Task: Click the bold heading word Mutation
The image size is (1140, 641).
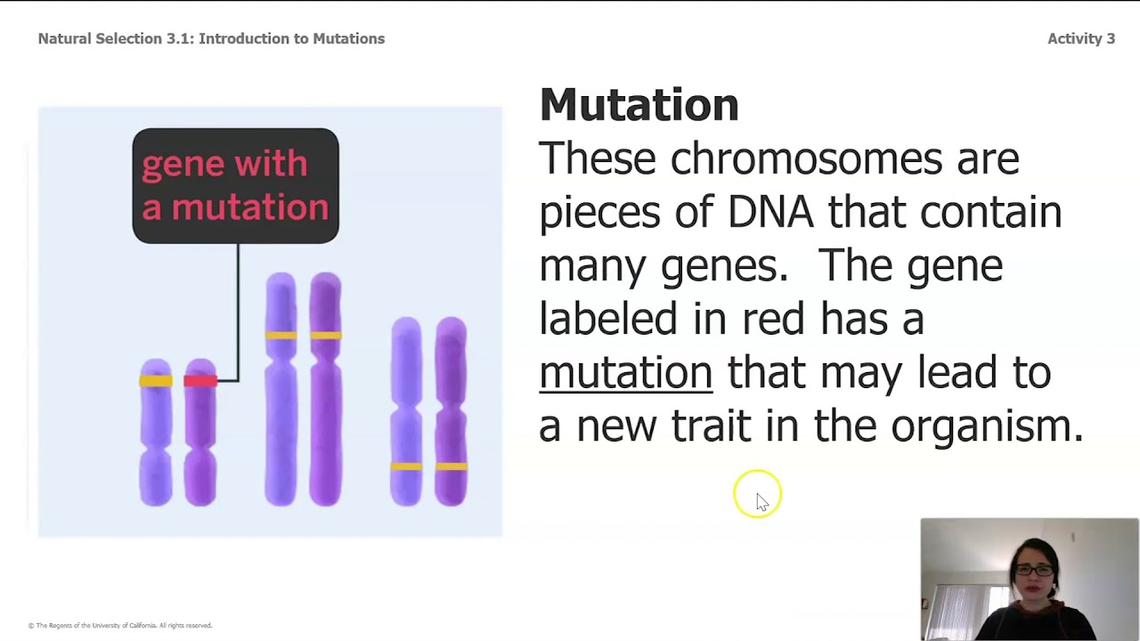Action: (639, 105)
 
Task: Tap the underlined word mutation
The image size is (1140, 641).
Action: (625, 372)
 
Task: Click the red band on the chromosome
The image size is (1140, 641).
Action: (199, 381)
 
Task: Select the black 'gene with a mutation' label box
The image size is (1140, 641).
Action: (235, 185)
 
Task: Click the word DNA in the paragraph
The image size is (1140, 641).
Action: (769, 212)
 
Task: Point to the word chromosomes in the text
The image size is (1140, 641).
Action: (805, 159)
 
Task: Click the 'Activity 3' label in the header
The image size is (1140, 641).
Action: (1080, 38)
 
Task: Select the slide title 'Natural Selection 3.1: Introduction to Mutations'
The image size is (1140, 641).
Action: (211, 38)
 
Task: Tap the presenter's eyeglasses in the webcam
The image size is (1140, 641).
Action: (1033, 570)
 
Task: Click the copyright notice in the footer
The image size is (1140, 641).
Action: (120, 626)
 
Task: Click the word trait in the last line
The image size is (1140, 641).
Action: (710, 426)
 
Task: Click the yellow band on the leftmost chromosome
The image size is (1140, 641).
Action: (156, 381)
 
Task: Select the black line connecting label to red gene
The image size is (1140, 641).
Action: (238, 312)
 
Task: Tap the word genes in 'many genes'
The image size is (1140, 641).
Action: (723, 266)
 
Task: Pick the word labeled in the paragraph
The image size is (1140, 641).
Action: (608, 319)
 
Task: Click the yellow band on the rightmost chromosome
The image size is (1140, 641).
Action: (452, 466)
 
